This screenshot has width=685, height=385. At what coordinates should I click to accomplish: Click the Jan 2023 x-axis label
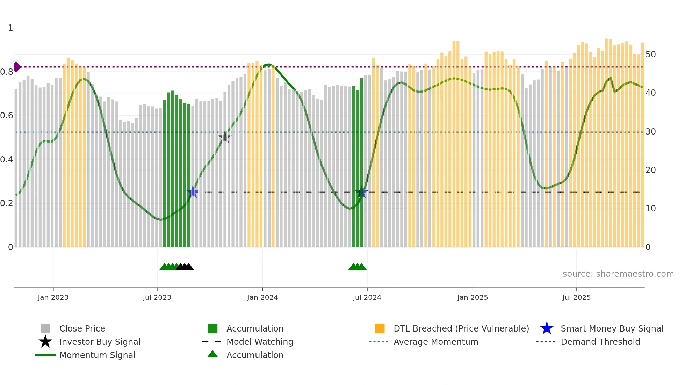click(53, 297)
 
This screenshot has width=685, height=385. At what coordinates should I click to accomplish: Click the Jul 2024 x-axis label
click(367, 297)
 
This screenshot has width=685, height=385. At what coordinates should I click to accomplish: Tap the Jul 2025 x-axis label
click(576, 297)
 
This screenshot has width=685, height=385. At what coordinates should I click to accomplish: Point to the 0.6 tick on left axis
click(7, 116)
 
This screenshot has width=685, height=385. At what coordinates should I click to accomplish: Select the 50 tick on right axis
click(650, 55)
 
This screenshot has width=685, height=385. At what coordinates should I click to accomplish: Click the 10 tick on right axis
click(650, 209)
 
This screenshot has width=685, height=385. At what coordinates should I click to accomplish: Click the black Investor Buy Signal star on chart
click(225, 137)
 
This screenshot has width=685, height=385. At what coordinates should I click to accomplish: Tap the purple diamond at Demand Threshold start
click(17, 67)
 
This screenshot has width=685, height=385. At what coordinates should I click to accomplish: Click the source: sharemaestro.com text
click(618, 274)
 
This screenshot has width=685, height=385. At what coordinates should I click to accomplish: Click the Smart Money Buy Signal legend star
click(547, 328)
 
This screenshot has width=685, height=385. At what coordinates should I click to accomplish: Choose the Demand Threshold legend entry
click(600, 342)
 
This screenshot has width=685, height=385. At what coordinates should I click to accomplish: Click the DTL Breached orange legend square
click(380, 328)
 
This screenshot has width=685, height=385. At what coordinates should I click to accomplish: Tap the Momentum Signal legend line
click(45, 355)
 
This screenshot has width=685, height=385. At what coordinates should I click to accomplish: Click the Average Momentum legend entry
click(435, 342)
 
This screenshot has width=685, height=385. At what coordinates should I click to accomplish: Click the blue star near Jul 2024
click(361, 192)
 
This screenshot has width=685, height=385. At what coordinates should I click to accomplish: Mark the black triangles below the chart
click(185, 267)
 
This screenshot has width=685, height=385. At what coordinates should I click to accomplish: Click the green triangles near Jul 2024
click(357, 267)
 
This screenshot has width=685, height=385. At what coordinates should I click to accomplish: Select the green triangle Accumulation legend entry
click(212, 355)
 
